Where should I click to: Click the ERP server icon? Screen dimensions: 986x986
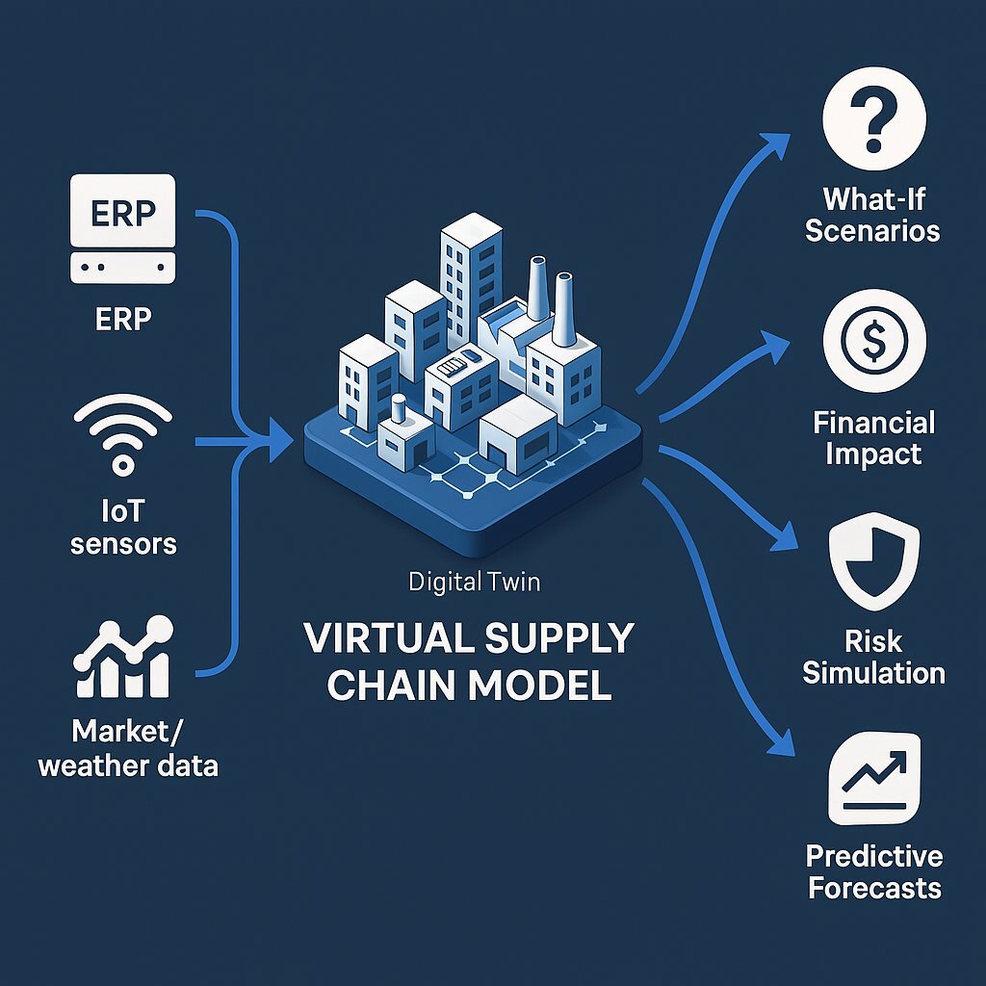click(123, 229)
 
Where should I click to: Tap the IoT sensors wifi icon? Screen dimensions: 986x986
click(122, 437)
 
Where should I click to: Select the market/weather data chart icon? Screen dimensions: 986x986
click(122, 660)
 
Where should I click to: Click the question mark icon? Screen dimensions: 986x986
click(873, 125)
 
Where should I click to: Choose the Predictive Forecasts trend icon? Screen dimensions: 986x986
click(873, 777)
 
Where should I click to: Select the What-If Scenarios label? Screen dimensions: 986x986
click(872, 216)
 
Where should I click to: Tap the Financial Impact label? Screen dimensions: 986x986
click(873, 438)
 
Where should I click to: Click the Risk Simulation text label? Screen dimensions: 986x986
click(873, 658)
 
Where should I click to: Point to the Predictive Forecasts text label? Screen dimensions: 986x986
click(873, 871)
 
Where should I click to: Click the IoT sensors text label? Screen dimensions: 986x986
click(123, 528)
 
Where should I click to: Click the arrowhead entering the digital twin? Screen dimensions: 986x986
click(281, 443)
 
